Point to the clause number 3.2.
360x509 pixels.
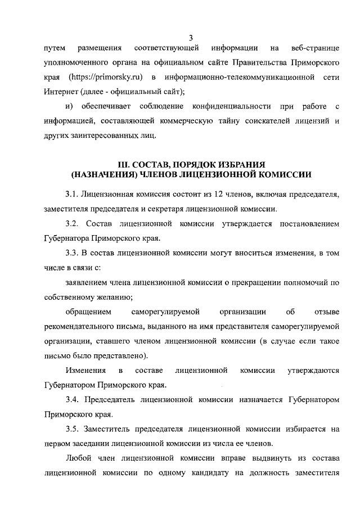73,223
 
